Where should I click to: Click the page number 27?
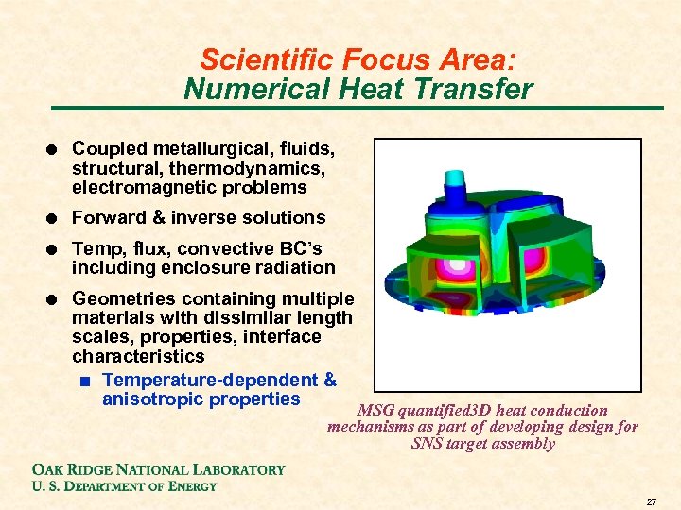(x=652, y=502)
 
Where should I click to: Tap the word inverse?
(x=203, y=218)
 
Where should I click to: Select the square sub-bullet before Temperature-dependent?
(x=86, y=382)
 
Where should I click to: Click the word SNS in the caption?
(x=428, y=444)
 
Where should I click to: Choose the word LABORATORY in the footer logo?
(x=238, y=469)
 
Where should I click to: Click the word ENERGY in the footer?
(x=193, y=486)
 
